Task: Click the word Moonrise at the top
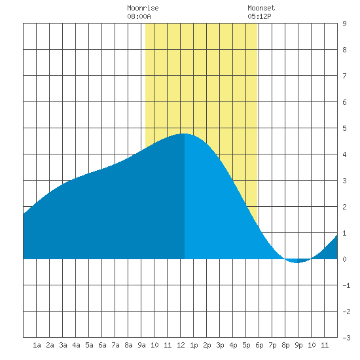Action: pos(143,8)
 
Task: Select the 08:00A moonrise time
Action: pos(139,16)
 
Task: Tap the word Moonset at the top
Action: pos(261,8)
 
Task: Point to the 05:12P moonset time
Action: pos(259,16)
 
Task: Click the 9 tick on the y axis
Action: pos(344,24)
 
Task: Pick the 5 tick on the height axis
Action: pos(344,128)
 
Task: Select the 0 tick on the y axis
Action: pos(344,259)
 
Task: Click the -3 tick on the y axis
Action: pos(346,338)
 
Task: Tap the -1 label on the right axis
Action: pos(346,285)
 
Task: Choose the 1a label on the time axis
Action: pos(37,345)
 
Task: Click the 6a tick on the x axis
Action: pos(102,345)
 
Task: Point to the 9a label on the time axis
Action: pos(141,345)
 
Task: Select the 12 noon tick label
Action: pos(181,345)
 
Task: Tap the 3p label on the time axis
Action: pos(220,345)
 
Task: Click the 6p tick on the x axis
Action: pos(259,345)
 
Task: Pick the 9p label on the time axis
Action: pos(298,345)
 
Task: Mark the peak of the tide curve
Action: pos(184,134)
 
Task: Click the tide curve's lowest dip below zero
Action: pos(297,262)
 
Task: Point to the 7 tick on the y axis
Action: pos(344,76)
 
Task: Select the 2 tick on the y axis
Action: pos(344,207)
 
